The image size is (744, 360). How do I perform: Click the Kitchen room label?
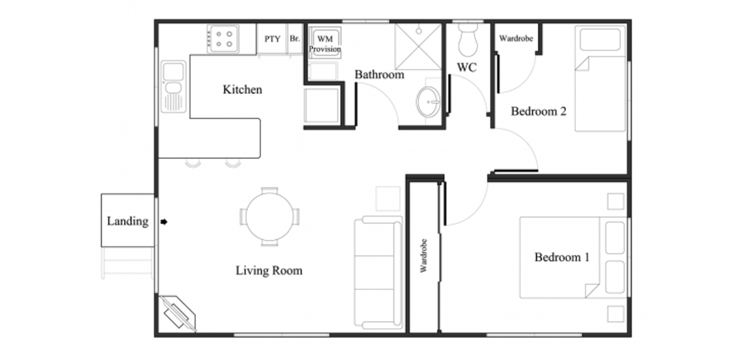pyautogui.click(x=242, y=90)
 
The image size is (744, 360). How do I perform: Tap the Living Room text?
pyautogui.click(x=269, y=270)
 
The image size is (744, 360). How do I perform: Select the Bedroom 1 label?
pyautogui.click(x=562, y=257)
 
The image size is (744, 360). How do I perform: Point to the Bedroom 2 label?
pyautogui.click(x=538, y=111)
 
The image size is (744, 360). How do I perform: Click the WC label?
pyautogui.click(x=467, y=68)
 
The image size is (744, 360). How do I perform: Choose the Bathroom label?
pyautogui.click(x=379, y=74)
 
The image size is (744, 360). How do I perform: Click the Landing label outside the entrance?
pyautogui.click(x=128, y=221)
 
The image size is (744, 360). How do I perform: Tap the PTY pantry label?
pyautogui.click(x=272, y=39)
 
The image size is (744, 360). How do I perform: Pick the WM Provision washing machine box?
pyautogui.click(x=325, y=43)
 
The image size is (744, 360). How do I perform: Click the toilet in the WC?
pyautogui.click(x=467, y=40)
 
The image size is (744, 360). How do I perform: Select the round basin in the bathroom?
pyautogui.click(x=428, y=102)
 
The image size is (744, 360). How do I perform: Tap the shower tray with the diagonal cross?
pyautogui.click(x=418, y=46)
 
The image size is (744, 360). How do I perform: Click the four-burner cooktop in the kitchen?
pyautogui.click(x=223, y=39)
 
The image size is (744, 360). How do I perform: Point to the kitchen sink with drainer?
pyautogui.click(x=174, y=87)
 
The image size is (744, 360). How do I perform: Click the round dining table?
pyautogui.click(x=270, y=217)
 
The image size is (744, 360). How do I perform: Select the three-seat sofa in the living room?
pyautogui.click(x=378, y=273)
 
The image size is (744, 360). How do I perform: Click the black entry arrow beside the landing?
pyautogui.click(x=164, y=222)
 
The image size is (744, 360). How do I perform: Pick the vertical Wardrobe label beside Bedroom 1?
pyautogui.click(x=423, y=256)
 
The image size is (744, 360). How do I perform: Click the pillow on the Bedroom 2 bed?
pyautogui.click(x=600, y=40)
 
